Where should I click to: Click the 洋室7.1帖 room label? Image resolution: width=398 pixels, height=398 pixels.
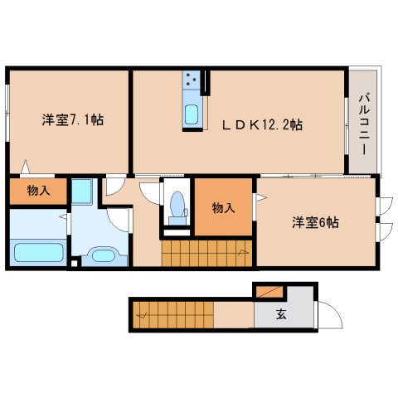coord(73,119)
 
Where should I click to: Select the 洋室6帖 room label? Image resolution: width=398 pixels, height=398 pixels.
coord(315,221)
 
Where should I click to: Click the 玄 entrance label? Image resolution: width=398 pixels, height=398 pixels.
coord(281,314)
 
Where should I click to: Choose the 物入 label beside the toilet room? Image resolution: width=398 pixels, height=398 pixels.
coord(222,207)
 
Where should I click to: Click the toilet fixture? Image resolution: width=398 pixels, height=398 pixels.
coord(176,204)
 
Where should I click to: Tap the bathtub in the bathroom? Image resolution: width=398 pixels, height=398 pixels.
coord(39,251)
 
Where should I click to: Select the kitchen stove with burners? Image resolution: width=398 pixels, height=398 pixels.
coord(192,80)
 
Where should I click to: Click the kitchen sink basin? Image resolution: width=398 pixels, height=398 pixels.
coord(192,113)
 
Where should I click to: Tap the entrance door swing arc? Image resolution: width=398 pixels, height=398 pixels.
coord(329,317)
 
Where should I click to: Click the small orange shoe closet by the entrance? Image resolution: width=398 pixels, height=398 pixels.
coord(268,292)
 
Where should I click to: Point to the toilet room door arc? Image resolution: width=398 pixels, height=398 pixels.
coord(151,193)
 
